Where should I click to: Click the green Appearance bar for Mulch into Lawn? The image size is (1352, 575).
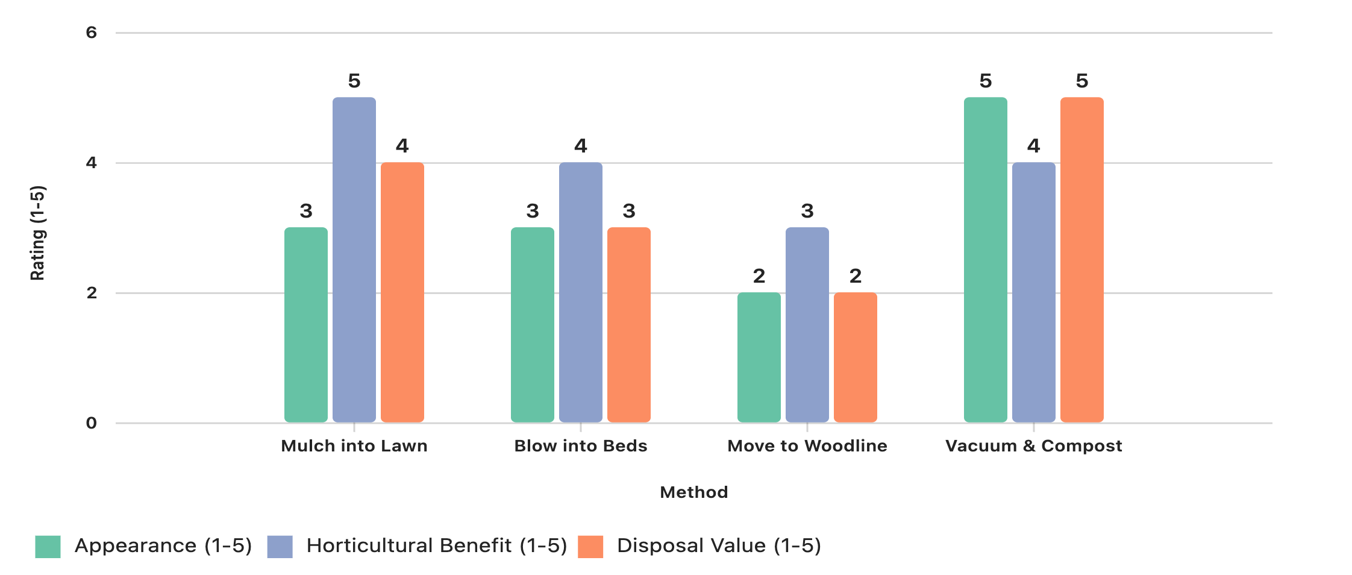click(306, 325)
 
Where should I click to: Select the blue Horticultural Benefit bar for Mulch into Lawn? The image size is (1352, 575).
click(354, 260)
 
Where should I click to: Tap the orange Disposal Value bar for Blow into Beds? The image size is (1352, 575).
click(629, 325)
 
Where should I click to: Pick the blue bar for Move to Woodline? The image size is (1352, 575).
click(807, 325)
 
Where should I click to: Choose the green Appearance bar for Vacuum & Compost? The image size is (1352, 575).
click(986, 260)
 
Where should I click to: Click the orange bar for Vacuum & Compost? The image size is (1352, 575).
click(1082, 260)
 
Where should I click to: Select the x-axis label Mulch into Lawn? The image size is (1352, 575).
click(354, 446)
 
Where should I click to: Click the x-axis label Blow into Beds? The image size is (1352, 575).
click(581, 446)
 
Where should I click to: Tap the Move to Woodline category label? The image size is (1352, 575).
click(807, 446)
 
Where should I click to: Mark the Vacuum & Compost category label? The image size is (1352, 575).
click(1034, 446)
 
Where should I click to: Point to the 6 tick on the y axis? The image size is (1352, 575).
click(92, 33)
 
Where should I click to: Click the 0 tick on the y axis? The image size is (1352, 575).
click(92, 423)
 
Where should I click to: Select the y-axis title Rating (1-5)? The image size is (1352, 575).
click(37, 233)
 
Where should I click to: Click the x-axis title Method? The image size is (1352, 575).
click(694, 492)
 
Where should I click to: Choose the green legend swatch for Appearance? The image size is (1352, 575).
click(48, 547)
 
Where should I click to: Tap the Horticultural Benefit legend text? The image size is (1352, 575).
click(437, 545)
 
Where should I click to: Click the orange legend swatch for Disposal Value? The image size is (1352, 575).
click(590, 547)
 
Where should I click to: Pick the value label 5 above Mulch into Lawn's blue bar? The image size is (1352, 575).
click(354, 81)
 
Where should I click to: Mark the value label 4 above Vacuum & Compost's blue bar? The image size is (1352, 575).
click(1034, 146)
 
